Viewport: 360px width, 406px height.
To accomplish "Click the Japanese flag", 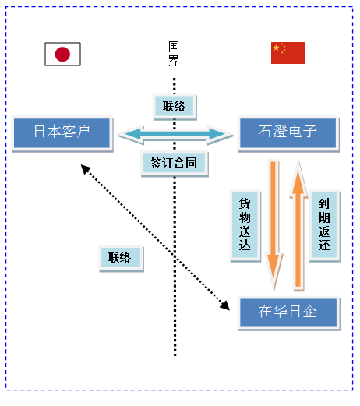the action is click(x=62, y=54).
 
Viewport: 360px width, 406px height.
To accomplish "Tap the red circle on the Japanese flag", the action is click(x=62, y=54).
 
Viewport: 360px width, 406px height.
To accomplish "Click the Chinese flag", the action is click(x=288, y=53).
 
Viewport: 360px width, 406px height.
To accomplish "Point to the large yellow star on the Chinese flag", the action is click(x=277, y=48).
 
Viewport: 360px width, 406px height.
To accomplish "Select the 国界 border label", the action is click(x=174, y=54).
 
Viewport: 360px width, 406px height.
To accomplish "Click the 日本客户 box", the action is click(x=62, y=133).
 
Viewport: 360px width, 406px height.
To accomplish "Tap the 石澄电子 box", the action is click(x=288, y=133).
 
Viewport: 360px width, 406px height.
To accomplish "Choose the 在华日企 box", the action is click(x=288, y=312).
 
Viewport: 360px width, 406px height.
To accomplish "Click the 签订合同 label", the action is click(x=174, y=164).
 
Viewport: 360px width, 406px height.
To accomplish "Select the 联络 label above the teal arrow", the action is click(x=175, y=107).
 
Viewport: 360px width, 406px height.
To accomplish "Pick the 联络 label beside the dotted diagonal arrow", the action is click(x=121, y=258).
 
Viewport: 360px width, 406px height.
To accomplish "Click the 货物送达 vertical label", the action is click(x=245, y=225).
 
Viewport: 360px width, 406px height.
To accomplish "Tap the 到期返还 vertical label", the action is click(x=324, y=225).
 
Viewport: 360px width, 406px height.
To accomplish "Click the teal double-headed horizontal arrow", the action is click(x=175, y=134).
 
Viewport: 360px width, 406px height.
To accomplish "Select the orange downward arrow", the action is click(x=274, y=224).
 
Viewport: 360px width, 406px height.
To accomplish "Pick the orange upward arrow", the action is click(x=298, y=224).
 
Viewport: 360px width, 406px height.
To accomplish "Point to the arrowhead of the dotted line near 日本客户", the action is click(x=85, y=168).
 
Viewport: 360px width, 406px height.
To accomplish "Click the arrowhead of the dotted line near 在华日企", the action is click(x=225, y=305).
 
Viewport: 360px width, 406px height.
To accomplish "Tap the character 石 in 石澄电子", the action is click(x=265, y=131).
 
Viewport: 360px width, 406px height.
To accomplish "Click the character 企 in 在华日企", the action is click(x=310, y=311).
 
